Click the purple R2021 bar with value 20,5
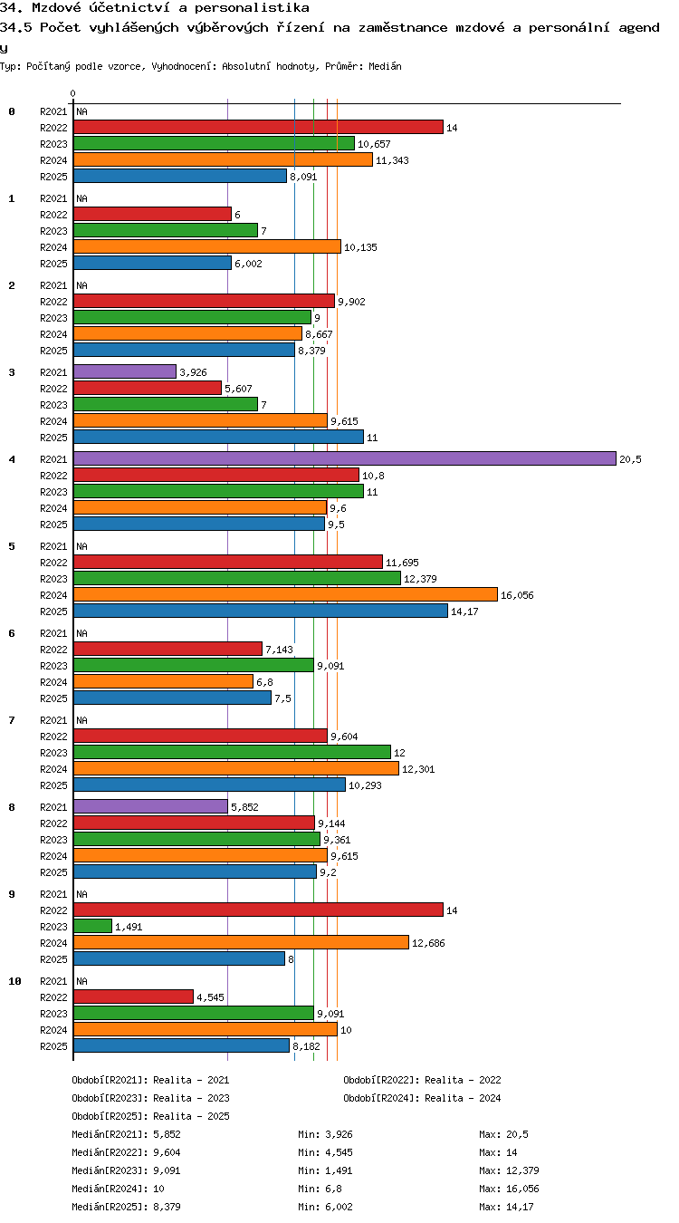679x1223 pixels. pyautogui.click(x=344, y=458)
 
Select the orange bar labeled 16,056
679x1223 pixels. pyautogui.click(x=285, y=594)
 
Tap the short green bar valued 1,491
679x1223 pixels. pyautogui.click(x=92, y=926)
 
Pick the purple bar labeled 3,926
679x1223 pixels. pyautogui.click(x=125, y=371)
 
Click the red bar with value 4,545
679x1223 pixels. pyautogui.click(x=134, y=997)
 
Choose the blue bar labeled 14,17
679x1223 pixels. pyautogui.click(x=261, y=611)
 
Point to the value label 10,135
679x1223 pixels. pyautogui.click(x=360, y=247)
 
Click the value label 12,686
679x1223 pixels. pyautogui.click(x=428, y=943)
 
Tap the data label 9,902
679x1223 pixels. pyautogui.click(x=351, y=302)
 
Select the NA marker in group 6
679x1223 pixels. pyautogui.click(x=81, y=633)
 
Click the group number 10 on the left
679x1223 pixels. pyautogui.click(x=14, y=981)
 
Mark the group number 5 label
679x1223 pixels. pyautogui.click(x=12, y=546)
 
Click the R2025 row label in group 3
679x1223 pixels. pyautogui.click(x=53, y=438)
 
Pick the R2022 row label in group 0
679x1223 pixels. pyautogui.click(x=53, y=128)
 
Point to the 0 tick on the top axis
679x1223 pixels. pyautogui.click(x=73, y=94)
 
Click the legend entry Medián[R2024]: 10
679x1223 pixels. pyautogui.click(x=118, y=1189)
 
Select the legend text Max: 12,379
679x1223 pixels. pyautogui.click(x=509, y=1170)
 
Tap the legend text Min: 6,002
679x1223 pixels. pyautogui.click(x=325, y=1207)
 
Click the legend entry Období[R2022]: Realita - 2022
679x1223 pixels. pyautogui.click(x=422, y=1080)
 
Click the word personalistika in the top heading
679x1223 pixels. pyautogui.click(x=252, y=7)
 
